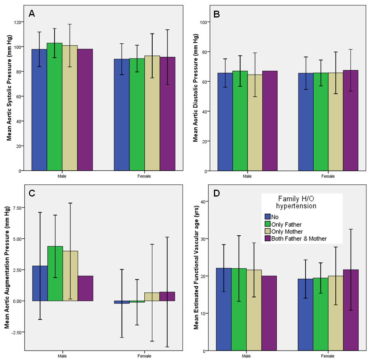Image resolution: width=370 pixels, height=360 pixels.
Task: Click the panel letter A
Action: click(32, 14)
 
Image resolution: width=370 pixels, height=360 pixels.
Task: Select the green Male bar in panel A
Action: click(55, 106)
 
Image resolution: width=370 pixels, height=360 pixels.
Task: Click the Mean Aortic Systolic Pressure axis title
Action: click(9, 88)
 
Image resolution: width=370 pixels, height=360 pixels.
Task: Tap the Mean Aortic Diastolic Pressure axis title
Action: click(195, 88)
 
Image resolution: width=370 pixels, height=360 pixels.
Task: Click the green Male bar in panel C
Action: click(55, 273)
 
